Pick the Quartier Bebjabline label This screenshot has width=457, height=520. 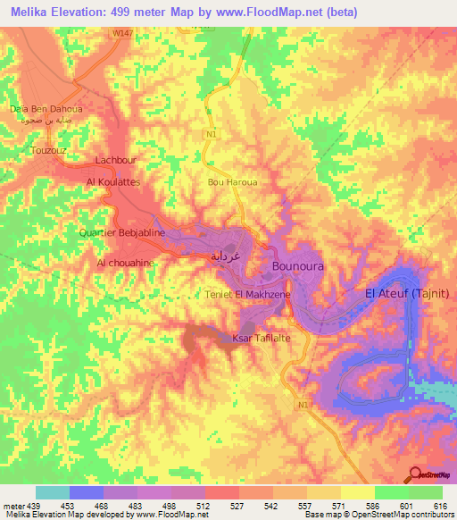click(120, 232)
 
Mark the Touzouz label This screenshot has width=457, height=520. click(48, 151)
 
